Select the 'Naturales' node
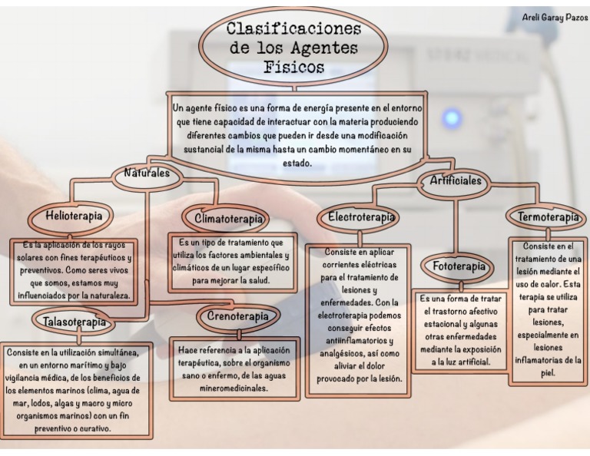pyautogui.click(x=147, y=174)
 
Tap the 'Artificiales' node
pyautogui.click(x=456, y=181)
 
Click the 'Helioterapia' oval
pyautogui.click(x=74, y=216)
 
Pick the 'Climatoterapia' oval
pyautogui.click(x=229, y=220)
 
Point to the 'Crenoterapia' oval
pyautogui.click(x=238, y=316)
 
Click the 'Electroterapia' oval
pyautogui.click(x=361, y=217)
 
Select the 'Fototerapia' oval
pyautogui.click(x=459, y=266)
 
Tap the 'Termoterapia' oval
pyautogui.click(x=548, y=217)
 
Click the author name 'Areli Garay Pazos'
pyautogui.click(x=554, y=18)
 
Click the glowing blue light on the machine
pyautogui.click(x=452, y=118)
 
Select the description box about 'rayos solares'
pyautogui.click(x=75, y=269)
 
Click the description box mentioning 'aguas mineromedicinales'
pyautogui.click(x=234, y=368)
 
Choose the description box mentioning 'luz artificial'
pyautogui.click(x=460, y=329)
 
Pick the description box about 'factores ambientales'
pyautogui.click(x=230, y=262)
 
